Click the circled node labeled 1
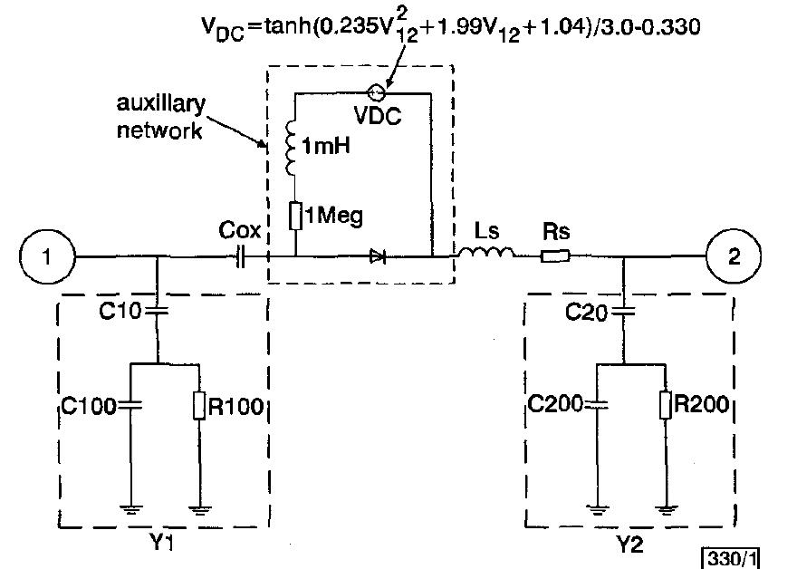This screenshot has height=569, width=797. [x=46, y=256]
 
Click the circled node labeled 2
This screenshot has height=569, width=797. [x=734, y=256]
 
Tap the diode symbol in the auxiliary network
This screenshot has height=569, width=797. [x=378, y=257]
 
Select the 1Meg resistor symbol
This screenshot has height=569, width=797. [x=295, y=217]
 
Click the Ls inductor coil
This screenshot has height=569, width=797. [x=485, y=255]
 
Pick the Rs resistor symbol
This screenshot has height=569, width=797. [x=554, y=257]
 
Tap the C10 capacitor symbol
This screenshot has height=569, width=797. [x=158, y=312]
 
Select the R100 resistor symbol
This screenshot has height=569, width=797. [x=198, y=405]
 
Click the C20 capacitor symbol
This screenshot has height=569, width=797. [x=625, y=312]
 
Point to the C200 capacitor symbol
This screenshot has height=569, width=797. [x=597, y=404]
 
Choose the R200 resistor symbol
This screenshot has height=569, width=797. [x=666, y=404]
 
